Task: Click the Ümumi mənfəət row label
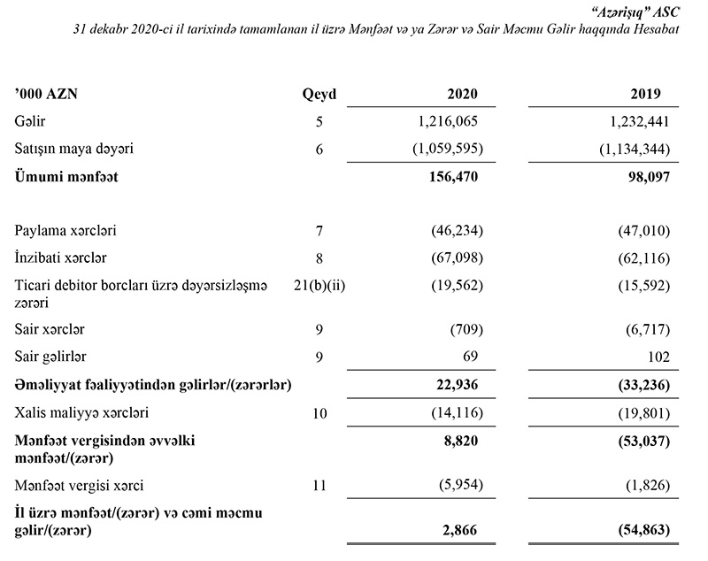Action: click(65, 176)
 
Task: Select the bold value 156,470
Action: click(453, 176)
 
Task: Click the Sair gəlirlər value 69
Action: click(470, 357)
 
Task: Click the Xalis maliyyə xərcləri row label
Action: click(81, 412)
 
